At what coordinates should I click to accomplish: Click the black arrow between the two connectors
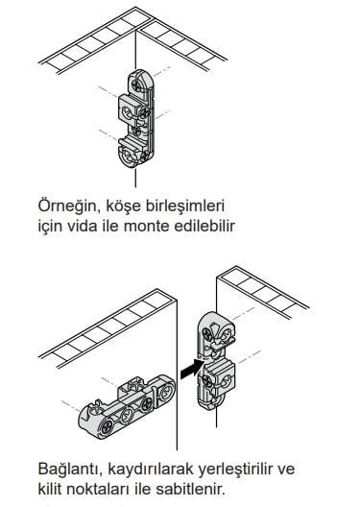tap(192, 370)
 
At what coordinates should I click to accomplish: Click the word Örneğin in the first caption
tap(67, 206)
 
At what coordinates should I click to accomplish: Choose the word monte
tap(147, 227)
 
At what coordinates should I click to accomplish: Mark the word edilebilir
tap(204, 227)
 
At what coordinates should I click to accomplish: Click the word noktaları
tap(97, 490)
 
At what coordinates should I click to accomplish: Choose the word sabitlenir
tap(190, 490)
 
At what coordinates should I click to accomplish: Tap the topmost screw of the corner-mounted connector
tap(136, 85)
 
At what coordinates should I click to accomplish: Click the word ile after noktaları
tap(142, 490)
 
